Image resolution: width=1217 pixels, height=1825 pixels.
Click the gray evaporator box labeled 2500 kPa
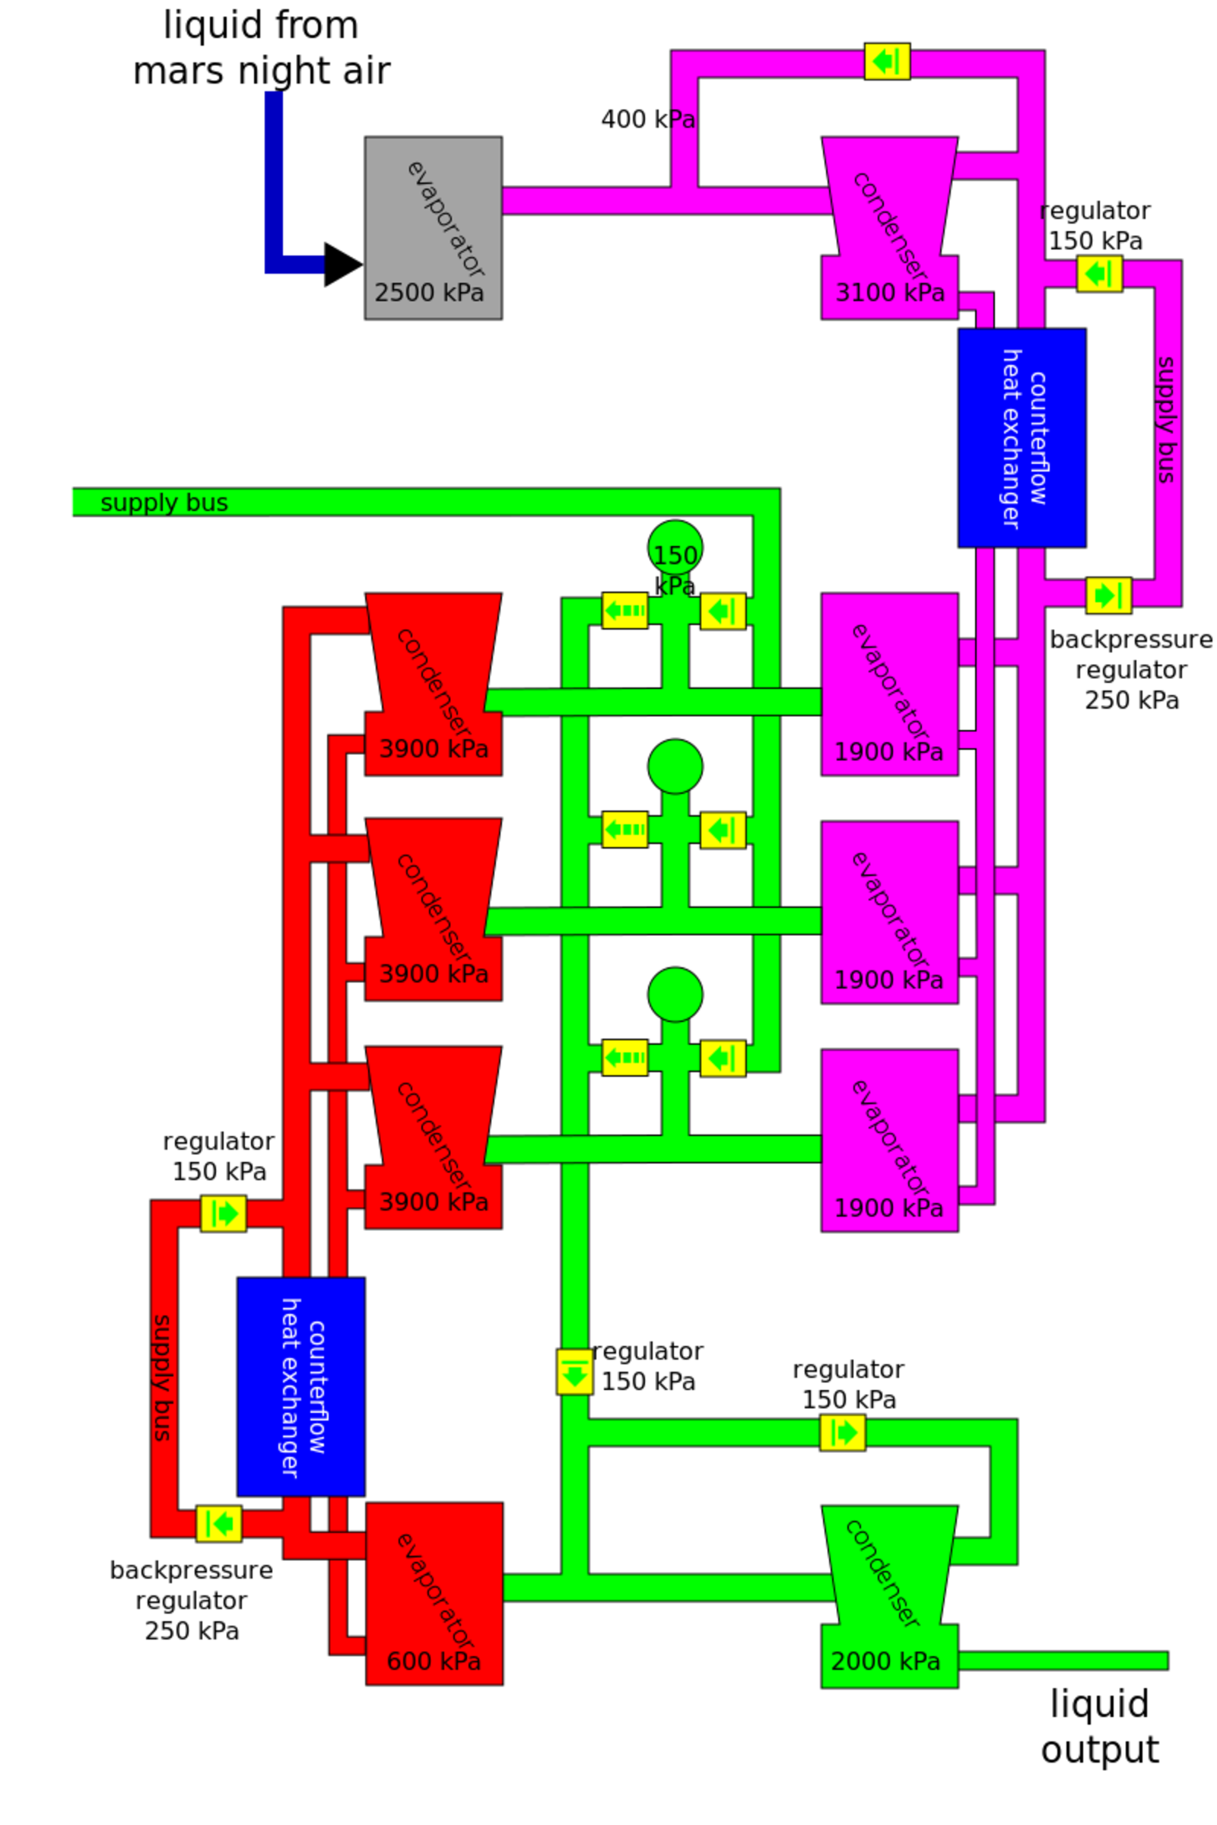point(433,227)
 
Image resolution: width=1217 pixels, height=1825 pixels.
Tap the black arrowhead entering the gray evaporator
point(342,265)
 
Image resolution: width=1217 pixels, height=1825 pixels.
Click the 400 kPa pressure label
point(648,119)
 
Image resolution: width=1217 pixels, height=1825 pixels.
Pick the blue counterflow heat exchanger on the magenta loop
point(1022,438)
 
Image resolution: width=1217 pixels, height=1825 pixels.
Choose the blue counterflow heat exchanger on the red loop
point(301,1386)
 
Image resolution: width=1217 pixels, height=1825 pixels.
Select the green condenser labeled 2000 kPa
point(889,1598)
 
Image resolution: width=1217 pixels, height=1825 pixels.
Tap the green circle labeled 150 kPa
point(675,547)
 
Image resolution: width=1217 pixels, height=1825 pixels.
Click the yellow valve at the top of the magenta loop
point(887,62)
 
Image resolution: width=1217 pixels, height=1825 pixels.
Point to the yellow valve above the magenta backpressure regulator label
point(1108,595)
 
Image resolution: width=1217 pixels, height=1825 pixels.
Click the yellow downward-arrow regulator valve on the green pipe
point(574,1371)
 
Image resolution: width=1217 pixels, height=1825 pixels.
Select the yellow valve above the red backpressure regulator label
point(219,1523)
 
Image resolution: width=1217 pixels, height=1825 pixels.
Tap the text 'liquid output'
point(1099,1727)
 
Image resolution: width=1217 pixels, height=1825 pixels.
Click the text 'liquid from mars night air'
point(262,48)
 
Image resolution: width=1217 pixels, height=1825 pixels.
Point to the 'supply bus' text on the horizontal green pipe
point(164,503)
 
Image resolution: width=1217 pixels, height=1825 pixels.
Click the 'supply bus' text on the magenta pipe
point(1167,419)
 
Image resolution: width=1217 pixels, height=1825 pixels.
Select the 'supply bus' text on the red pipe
point(161,1377)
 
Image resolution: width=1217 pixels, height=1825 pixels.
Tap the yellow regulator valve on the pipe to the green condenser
point(843,1433)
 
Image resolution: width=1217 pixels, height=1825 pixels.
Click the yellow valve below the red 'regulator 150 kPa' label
point(224,1213)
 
